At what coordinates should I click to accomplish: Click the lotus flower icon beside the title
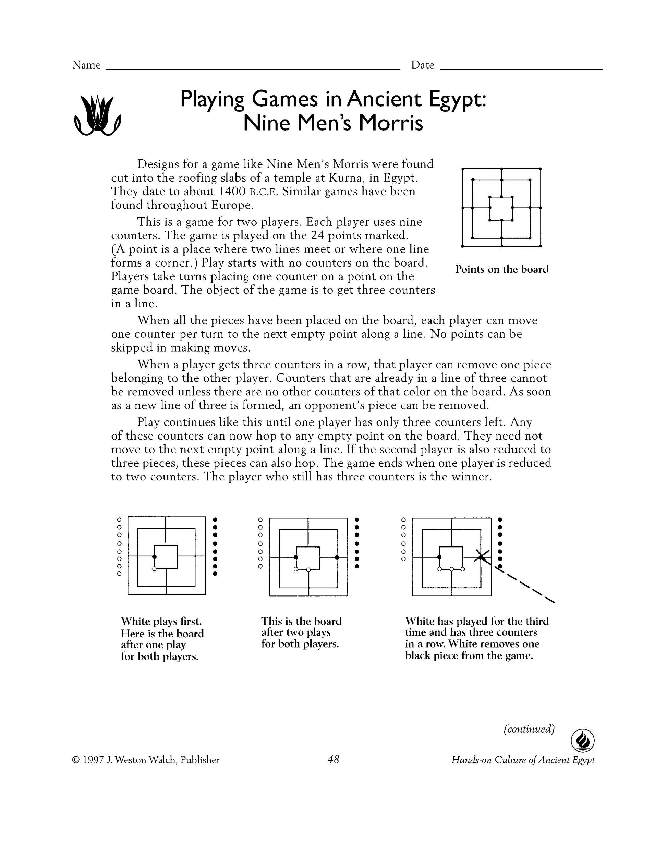point(97,116)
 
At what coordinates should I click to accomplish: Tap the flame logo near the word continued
point(583,741)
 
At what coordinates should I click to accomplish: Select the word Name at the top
point(86,65)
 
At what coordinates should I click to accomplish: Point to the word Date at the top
point(423,65)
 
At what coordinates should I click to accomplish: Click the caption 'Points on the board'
point(502,269)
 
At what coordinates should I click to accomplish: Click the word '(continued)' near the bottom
point(529,729)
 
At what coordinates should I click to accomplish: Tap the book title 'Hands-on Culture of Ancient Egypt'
point(523,760)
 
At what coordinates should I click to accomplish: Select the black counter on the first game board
point(154,557)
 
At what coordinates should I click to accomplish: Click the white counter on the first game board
point(154,568)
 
